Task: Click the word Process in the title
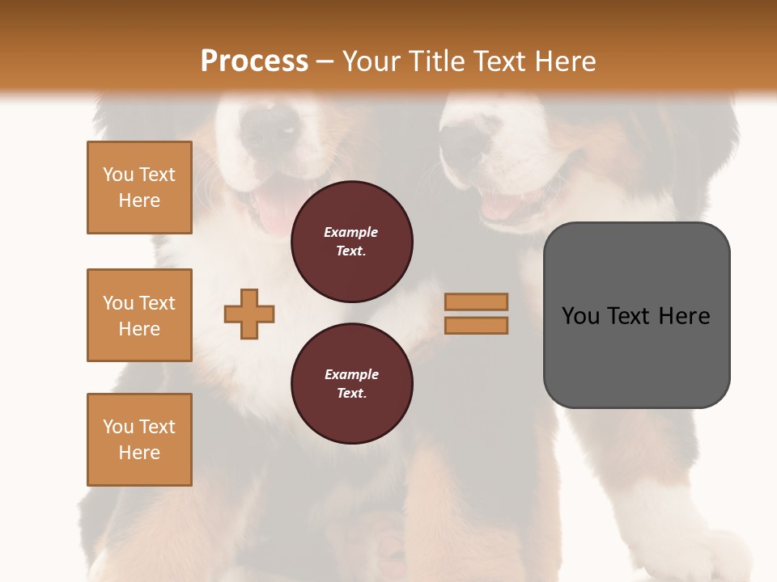(254, 61)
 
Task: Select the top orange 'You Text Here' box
(139, 188)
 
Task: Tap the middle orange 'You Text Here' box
(139, 315)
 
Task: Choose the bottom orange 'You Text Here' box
(139, 440)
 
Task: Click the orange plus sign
(249, 314)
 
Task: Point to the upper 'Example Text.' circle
(351, 242)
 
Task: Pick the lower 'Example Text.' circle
(351, 384)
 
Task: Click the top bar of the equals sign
(476, 302)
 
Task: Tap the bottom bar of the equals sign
(476, 326)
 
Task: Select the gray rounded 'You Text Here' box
(636, 315)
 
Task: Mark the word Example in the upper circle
(351, 232)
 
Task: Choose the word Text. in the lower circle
(351, 394)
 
